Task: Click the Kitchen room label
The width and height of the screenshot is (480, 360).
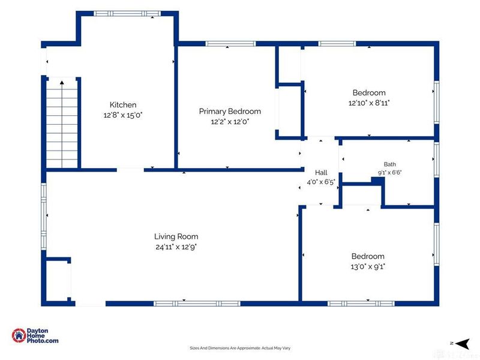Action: click(x=123, y=104)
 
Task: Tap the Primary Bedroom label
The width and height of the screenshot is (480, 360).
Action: click(x=230, y=112)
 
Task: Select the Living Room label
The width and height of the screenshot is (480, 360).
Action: click(x=176, y=236)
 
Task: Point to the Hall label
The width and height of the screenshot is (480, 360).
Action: click(x=321, y=173)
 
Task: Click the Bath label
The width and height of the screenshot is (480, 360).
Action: click(x=389, y=164)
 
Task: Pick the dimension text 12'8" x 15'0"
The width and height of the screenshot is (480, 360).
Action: click(x=123, y=115)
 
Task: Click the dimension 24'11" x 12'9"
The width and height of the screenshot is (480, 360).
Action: click(x=176, y=247)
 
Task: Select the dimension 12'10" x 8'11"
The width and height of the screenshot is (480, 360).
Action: click(x=369, y=103)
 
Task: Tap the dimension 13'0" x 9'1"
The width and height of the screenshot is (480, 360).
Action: click(x=368, y=266)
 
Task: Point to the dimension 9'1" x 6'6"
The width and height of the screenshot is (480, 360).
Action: click(x=389, y=173)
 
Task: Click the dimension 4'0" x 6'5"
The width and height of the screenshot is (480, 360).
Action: click(x=321, y=182)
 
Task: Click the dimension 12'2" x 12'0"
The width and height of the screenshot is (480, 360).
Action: click(x=230, y=122)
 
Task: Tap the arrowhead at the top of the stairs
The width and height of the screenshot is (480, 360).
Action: click(x=62, y=82)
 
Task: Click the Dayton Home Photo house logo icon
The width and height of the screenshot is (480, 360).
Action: click(x=19, y=336)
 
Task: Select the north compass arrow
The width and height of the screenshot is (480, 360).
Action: click(x=462, y=344)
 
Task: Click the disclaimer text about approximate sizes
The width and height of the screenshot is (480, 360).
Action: click(x=240, y=348)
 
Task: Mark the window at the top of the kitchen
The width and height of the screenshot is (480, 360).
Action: click(x=127, y=13)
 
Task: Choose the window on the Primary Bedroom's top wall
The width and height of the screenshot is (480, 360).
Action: click(x=230, y=44)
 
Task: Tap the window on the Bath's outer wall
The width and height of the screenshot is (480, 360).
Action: click(x=437, y=160)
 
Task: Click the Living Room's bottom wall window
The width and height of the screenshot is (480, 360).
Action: click(x=197, y=304)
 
